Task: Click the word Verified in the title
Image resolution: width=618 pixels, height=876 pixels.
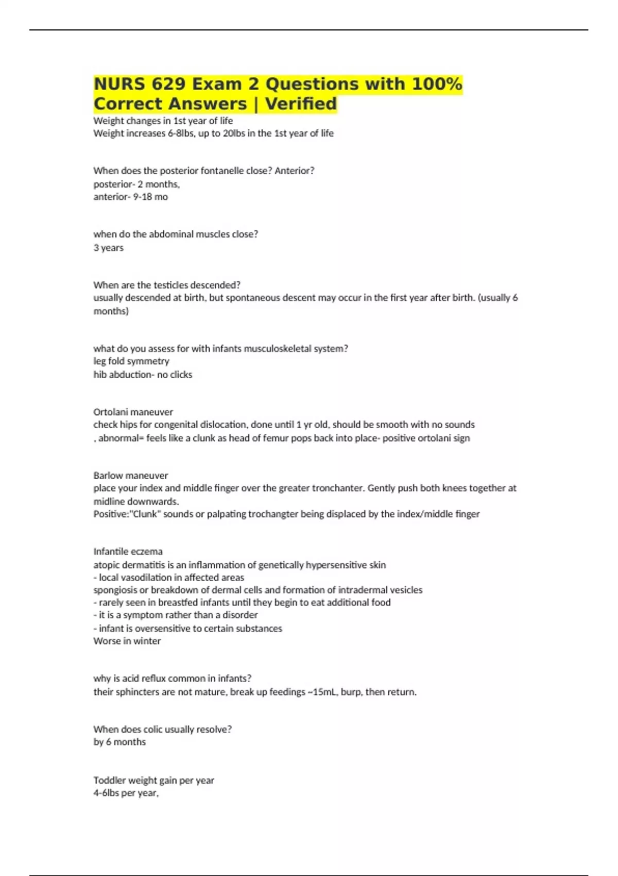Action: click(301, 104)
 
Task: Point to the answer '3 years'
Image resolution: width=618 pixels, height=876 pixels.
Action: click(109, 247)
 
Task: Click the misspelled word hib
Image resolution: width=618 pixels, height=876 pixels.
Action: click(100, 375)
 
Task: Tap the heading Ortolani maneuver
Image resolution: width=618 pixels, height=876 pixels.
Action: click(133, 412)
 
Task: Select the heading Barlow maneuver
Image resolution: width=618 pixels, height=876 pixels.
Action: click(131, 475)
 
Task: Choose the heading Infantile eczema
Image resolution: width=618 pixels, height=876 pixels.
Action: click(128, 551)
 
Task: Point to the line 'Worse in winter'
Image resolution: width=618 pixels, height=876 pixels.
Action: click(127, 641)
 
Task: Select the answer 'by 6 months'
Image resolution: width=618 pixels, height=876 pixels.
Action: click(119, 742)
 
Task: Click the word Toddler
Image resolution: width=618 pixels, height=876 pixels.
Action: click(109, 780)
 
